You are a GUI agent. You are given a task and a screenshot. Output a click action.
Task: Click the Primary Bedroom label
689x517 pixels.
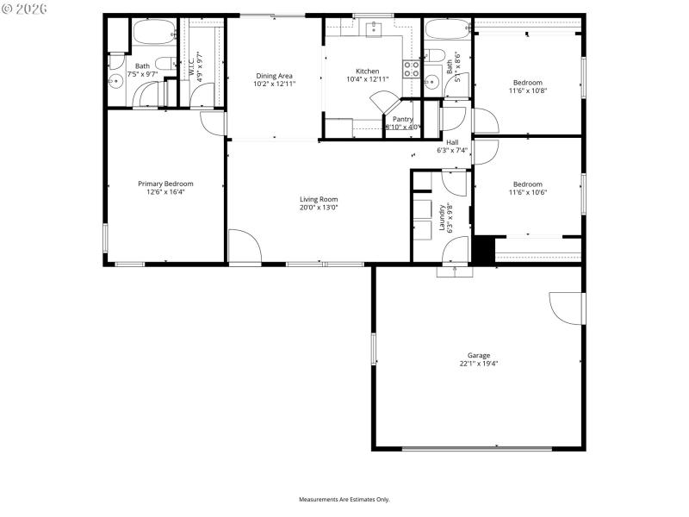point(166,184)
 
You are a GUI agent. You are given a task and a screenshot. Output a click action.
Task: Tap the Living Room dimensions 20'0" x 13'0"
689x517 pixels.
point(319,208)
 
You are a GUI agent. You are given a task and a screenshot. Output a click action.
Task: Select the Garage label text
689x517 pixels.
point(479,355)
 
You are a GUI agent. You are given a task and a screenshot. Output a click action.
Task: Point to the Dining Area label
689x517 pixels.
point(273,76)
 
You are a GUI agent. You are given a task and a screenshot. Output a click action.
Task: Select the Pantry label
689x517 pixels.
point(402,119)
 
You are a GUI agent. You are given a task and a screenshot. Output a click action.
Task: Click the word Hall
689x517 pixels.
point(452,142)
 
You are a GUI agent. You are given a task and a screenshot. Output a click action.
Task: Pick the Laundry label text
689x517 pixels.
point(442,217)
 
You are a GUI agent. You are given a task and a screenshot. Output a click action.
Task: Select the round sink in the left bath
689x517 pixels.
point(115,82)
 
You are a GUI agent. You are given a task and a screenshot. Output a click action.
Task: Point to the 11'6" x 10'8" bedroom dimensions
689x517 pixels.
point(528,90)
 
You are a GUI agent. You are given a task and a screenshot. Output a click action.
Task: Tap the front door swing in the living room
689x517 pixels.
point(244,247)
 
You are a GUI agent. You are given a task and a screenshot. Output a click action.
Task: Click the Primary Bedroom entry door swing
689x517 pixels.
point(213,122)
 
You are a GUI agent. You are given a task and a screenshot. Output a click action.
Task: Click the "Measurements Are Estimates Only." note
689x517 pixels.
point(344,500)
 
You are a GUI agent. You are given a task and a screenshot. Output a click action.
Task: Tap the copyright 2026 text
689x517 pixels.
point(25,8)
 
